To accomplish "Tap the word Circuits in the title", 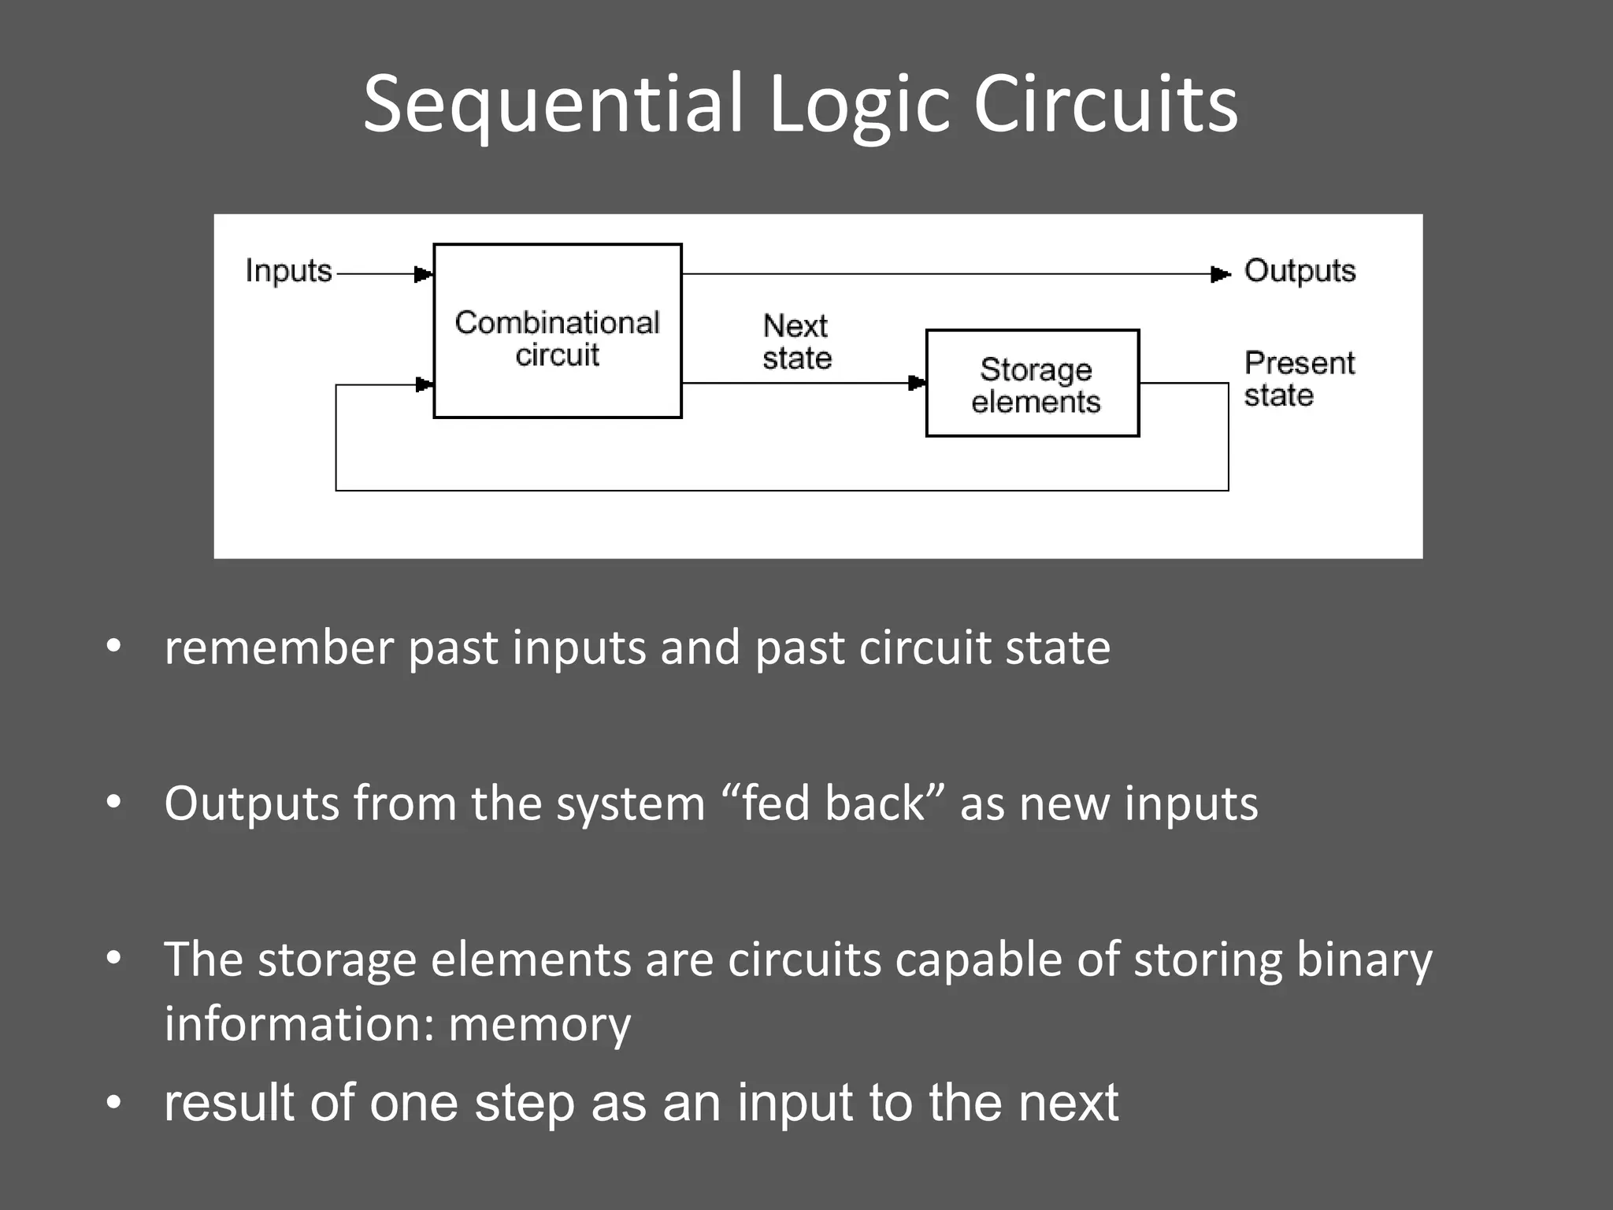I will coord(1105,105).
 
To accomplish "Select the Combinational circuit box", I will coord(557,331).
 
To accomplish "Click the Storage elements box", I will coord(1032,384).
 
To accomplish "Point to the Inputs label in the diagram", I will coord(288,271).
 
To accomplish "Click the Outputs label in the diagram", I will coord(1300,271).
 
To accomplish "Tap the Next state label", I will coord(796,342).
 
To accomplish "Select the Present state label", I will coord(1298,379).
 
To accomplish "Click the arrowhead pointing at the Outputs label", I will coord(1220,274).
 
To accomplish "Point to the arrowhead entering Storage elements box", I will coord(917,384).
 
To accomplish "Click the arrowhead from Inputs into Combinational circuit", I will coord(424,274).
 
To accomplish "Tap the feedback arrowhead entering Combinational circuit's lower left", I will coord(424,384).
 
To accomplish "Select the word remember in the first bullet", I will coord(278,648).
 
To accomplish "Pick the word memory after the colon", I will coord(540,1024).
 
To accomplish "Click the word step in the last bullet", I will coord(524,1103).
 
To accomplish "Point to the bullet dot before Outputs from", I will coord(114,803).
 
